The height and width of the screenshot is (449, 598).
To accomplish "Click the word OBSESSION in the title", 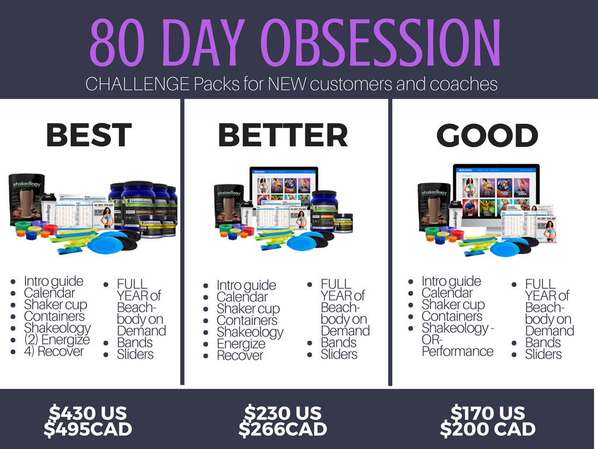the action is tap(382, 43).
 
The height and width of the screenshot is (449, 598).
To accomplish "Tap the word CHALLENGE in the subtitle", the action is tap(137, 84).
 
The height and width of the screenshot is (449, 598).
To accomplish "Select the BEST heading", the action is tap(89, 135).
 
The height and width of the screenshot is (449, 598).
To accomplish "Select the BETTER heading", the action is tap(283, 135).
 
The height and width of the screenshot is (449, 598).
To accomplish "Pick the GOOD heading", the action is tap(487, 135).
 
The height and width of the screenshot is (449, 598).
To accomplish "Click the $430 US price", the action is tap(88, 413).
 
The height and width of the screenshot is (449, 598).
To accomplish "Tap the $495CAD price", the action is tap(88, 429).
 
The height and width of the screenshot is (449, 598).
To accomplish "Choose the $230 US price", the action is tap(283, 413).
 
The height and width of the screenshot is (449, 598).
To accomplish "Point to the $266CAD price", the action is tap(283, 429).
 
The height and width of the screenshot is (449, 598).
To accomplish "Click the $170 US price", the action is tap(488, 413).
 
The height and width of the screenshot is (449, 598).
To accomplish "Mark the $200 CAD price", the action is tap(488, 429).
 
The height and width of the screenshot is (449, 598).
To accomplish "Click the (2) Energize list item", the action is tap(57, 340).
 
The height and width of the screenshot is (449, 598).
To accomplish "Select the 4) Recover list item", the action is tap(54, 351).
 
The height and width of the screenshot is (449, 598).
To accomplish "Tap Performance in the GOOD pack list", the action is tap(457, 351).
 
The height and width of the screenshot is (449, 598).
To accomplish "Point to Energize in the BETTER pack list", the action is tap(241, 344).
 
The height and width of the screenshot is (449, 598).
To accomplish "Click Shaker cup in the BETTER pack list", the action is tap(248, 309).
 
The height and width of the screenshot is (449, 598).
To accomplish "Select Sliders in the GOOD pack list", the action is tap(543, 354).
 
